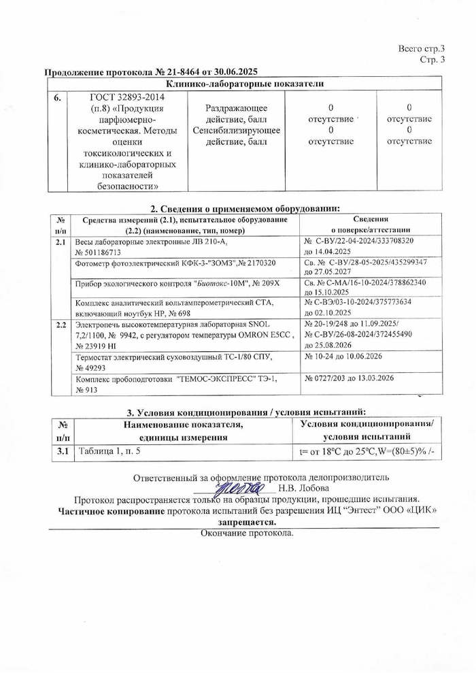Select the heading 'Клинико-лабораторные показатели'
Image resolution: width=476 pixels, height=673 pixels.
tap(244, 84)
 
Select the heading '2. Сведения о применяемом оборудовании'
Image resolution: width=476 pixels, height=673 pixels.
tap(244, 208)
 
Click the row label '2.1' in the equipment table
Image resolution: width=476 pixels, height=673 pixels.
tap(60, 242)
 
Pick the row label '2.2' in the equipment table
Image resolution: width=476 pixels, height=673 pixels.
tap(60, 325)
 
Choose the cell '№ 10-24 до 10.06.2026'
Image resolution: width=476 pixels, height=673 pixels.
tap(343, 356)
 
